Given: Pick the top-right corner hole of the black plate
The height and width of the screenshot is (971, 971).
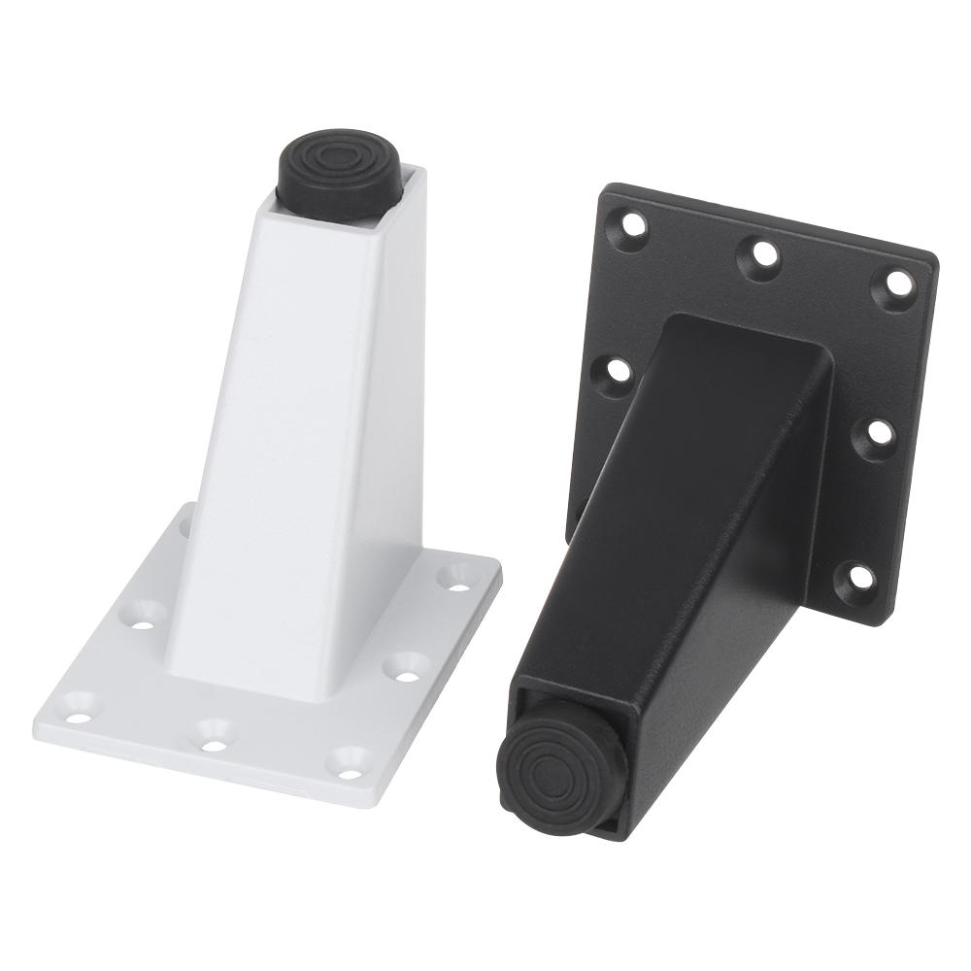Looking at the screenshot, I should pyautogui.click(x=898, y=283).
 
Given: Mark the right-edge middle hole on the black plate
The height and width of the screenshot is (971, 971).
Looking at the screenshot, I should pyautogui.click(x=878, y=433).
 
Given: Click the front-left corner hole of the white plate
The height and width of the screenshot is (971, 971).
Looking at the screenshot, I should pyautogui.click(x=80, y=706).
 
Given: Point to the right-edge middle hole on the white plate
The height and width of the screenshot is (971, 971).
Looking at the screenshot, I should pyautogui.click(x=408, y=665).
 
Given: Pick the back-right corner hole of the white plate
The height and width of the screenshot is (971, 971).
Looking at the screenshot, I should pyautogui.click(x=454, y=576).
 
